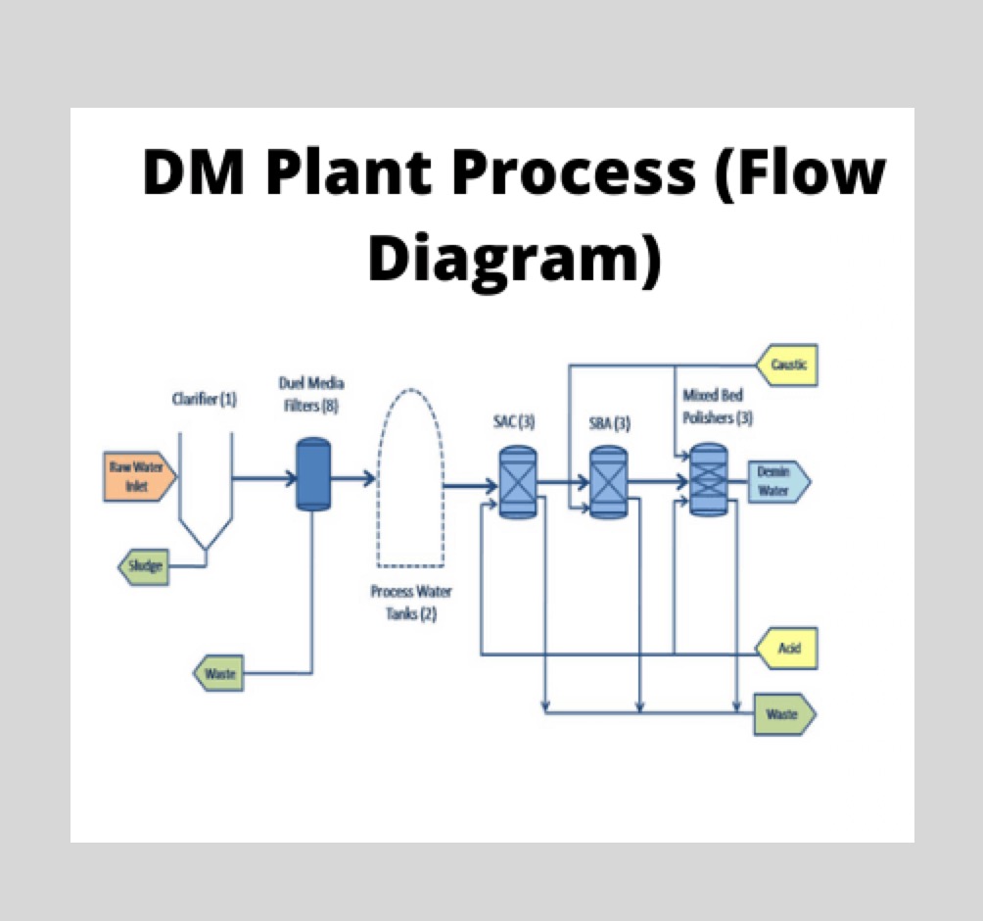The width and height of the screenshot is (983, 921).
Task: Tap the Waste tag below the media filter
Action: tap(220, 674)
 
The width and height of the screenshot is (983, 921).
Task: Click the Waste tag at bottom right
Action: tap(783, 714)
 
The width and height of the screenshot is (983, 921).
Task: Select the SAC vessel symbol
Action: tap(518, 482)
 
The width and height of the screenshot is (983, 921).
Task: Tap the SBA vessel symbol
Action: tap(607, 482)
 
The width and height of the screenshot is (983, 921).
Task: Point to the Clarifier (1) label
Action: tap(204, 399)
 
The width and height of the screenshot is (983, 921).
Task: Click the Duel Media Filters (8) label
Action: tap(311, 394)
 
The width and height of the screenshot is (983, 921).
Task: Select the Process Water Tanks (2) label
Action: tap(411, 603)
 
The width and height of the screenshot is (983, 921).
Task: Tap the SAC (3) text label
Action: tap(513, 423)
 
